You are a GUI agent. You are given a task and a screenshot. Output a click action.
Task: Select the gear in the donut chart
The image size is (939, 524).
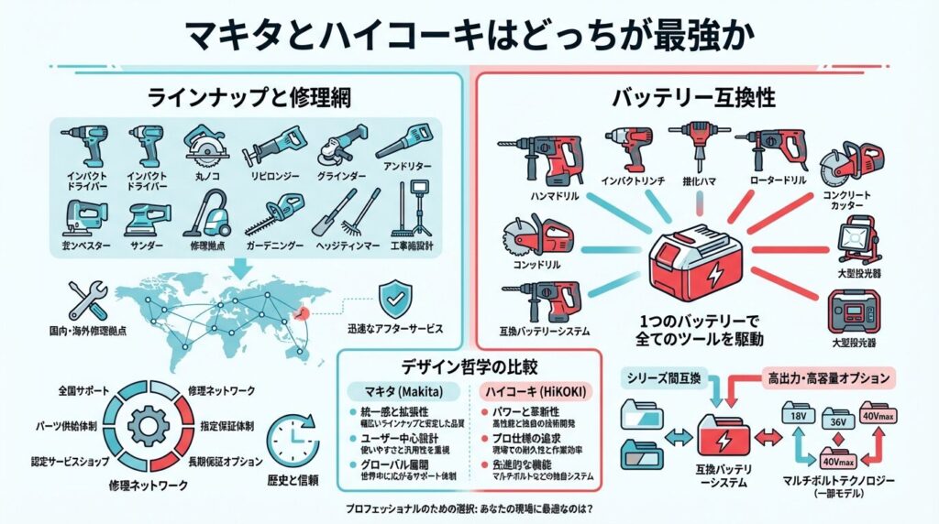[x=148, y=424]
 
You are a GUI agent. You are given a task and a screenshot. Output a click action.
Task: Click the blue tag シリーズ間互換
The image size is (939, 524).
[x=665, y=377]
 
